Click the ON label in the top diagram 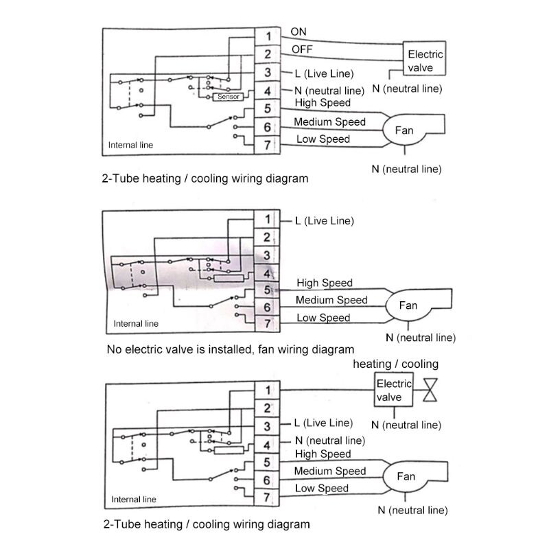click(x=299, y=32)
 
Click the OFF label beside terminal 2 click(x=301, y=49)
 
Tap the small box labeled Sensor click(x=228, y=97)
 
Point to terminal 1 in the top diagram click(x=268, y=36)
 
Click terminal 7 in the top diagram click(x=268, y=144)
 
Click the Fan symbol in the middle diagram click(x=408, y=305)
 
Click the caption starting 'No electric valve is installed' click(x=231, y=349)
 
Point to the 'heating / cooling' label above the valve click(x=395, y=364)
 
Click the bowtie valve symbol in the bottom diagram click(x=431, y=390)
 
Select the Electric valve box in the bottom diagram click(x=393, y=390)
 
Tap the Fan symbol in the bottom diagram click(x=406, y=476)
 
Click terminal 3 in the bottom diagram click(x=268, y=426)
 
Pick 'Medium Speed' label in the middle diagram click(x=331, y=300)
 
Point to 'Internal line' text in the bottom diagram click(x=135, y=500)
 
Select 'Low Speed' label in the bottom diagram click(x=322, y=489)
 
